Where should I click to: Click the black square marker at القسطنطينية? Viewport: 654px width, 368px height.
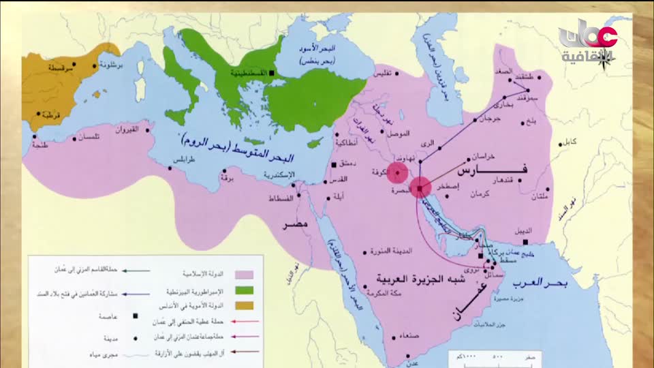pos(271,72)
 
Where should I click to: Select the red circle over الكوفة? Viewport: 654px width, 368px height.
pos(397,172)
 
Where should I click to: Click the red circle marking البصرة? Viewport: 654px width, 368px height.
pos(420,187)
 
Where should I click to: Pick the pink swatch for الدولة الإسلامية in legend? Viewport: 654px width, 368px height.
pos(243,274)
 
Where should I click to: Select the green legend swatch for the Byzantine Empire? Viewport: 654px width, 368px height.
pos(243,292)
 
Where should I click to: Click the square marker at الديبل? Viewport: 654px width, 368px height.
pos(525,241)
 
